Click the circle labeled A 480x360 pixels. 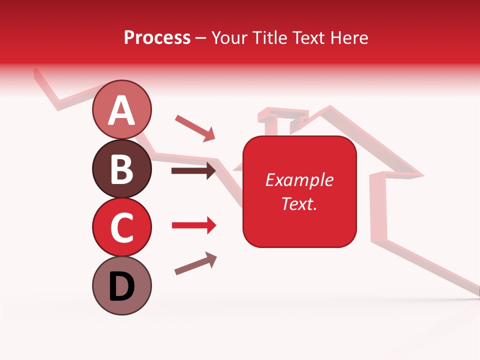[121, 110]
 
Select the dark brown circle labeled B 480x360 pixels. [121, 168]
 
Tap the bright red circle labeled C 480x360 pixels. [121, 227]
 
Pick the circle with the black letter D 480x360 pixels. [121, 285]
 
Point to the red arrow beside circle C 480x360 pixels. [194, 225]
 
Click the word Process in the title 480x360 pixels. [157, 37]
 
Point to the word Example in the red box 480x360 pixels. [299, 180]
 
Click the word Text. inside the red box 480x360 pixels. [299, 203]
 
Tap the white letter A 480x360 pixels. [121, 110]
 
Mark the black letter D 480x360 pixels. [121, 286]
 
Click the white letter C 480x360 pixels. [121, 227]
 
